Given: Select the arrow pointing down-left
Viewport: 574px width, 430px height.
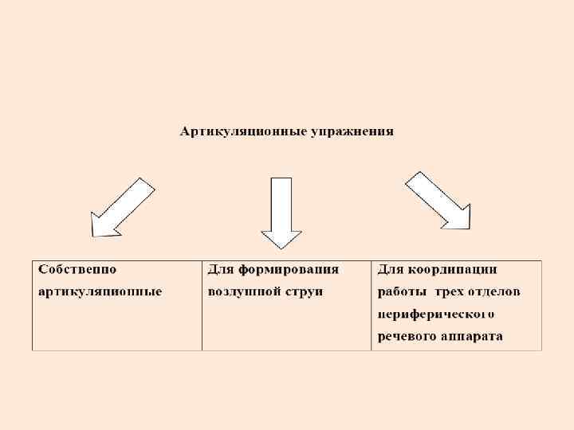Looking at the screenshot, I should tap(120, 208).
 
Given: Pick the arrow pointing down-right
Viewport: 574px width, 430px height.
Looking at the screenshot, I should tap(438, 201).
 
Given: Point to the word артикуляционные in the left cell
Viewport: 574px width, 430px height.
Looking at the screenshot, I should tap(100, 291).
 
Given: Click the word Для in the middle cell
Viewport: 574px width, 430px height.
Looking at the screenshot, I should tap(220, 269).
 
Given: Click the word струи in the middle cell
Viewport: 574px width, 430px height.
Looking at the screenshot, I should tap(304, 291).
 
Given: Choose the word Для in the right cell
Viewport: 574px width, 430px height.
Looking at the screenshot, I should tap(390, 269).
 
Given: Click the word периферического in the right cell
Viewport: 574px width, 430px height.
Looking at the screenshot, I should tap(438, 314).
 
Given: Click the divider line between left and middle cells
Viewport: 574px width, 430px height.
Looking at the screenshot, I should tap(202, 306).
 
